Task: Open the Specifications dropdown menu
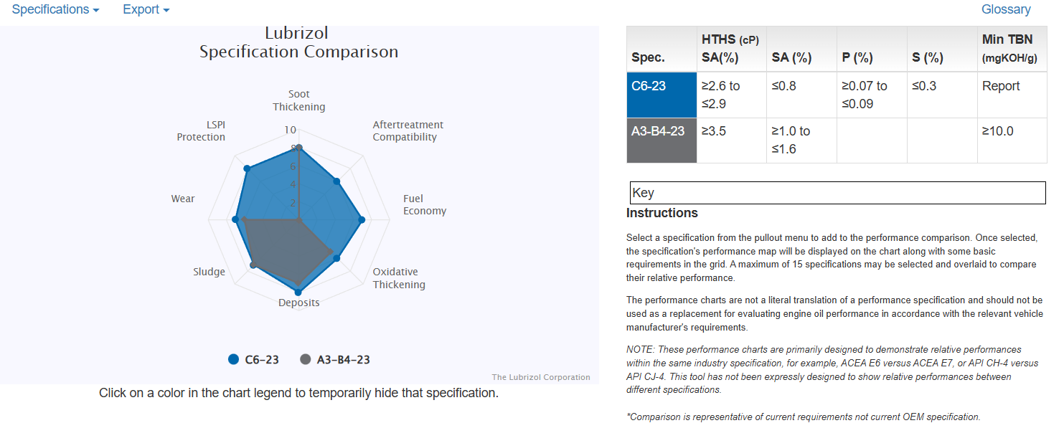pyautogui.click(x=55, y=10)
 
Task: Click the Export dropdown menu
pyautogui.click(x=146, y=10)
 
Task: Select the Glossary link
pyautogui.click(x=1006, y=9)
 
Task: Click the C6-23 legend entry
pyautogui.click(x=253, y=359)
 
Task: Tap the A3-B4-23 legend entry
pyautogui.click(x=335, y=359)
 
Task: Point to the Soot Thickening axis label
pyautogui.click(x=298, y=100)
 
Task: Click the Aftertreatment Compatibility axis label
pyautogui.click(x=408, y=130)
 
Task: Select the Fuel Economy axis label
pyautogui.click(x=424, y=204)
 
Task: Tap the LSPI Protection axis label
pyautogui.click(x=201, y=130)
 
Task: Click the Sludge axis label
pyautogui.click(x=209, y=272)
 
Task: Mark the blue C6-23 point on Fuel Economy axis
pyautogui.click(x=362, y=220)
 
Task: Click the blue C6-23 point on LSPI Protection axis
pyautogui.click(x=247, y=168)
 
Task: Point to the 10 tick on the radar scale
pyautogui.click(x=290, y=130)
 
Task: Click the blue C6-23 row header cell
pyautogui.click(x=661, y=94)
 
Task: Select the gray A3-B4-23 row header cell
pyautogui.click(x=661, y=140)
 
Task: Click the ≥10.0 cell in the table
pyautogui.click(x=997, y=131)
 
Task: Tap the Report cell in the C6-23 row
pyautogui.click(x=1000, y=86)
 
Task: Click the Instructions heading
pyautogui.click(x=662, y=213)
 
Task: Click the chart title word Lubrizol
pyautogui.click(x=297, y=33)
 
